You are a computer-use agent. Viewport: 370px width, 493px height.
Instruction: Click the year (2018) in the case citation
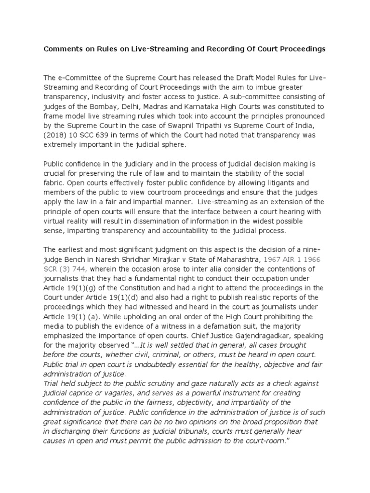coord(56,136)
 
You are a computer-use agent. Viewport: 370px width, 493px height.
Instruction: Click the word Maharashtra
coord(219,259)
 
